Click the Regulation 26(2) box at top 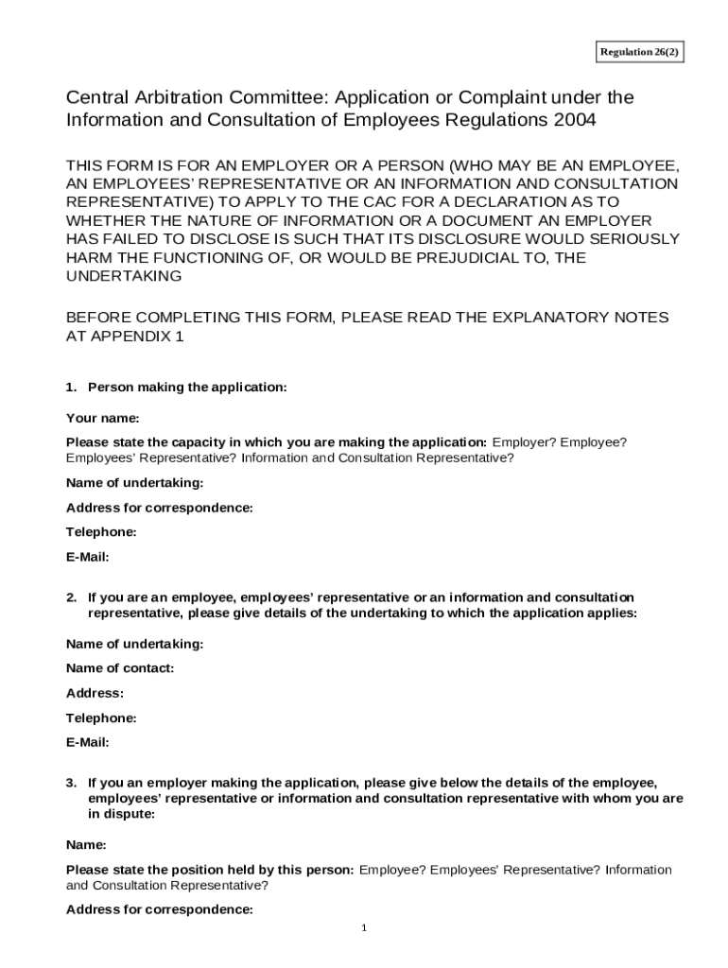(x=639, y=52)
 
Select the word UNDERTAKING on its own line (x=123, y=276)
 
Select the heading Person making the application (x=186, y=388)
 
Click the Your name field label (x=102, y=418)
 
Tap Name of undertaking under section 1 (x=134, y=483)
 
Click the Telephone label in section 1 (x=101, y=532)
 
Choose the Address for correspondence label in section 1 (x=159, y=508)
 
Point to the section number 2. (x=71, y=597)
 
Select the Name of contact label (x=120, y=668)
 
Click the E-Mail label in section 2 (x=87, y=742)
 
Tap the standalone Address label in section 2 (x=95, y=693)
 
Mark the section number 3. (x=71, y=783)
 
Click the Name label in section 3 (x=85, y=844)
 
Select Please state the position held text (x=210, y=870)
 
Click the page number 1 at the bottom (x=364, y=927)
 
